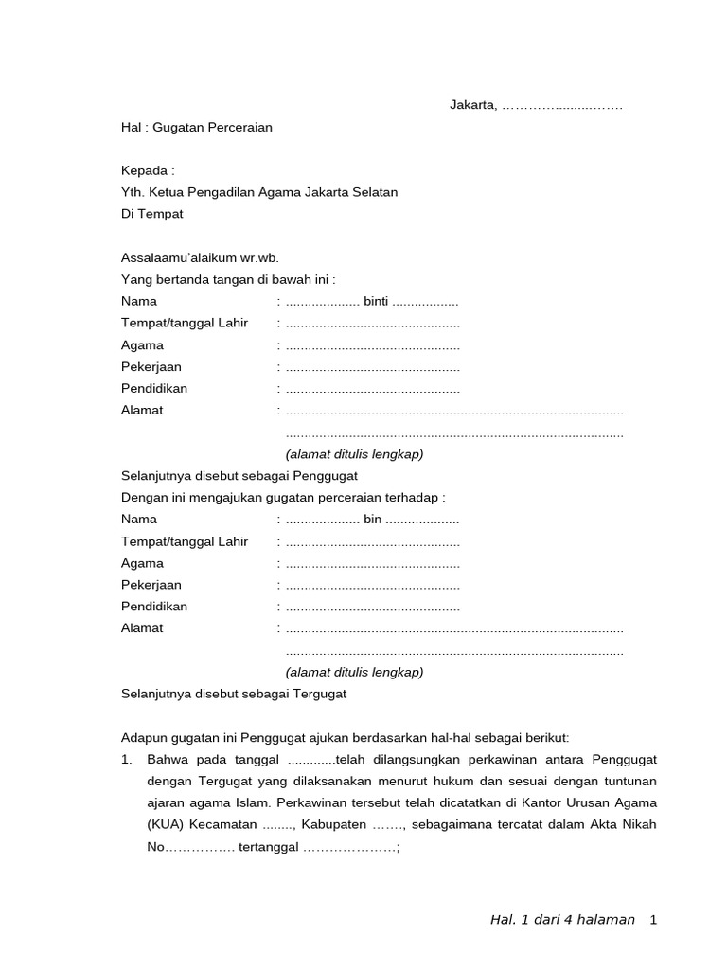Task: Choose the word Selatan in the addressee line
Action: point(373,192)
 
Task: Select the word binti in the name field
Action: point(376,302)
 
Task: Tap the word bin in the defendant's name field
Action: point(372,520)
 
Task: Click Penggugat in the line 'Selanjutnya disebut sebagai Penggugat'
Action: point(326,476)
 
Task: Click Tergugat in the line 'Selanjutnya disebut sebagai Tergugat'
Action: point(320,694)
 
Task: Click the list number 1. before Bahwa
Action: point(126,760)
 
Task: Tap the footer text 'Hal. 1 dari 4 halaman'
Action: point(562,920)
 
